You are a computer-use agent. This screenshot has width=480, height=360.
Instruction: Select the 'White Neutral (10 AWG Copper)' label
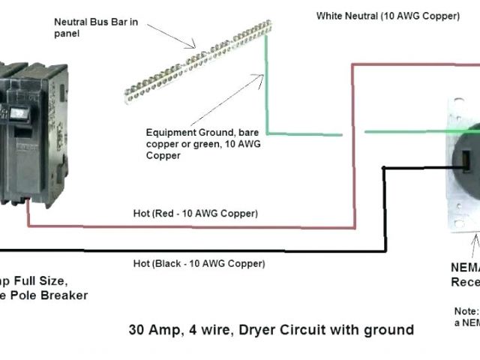[x=388, y=15]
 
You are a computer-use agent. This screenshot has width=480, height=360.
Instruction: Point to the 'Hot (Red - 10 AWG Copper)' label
[x=190, y=214]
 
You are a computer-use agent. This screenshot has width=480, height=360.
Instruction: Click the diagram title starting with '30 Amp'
[x=270, y=329]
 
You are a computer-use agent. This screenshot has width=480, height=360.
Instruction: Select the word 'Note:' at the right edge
[x=465, y=310]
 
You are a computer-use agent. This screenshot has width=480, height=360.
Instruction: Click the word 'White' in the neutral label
[x=329, y=15]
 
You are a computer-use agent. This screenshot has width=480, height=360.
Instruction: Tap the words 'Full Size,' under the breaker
[x=41, y=281]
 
